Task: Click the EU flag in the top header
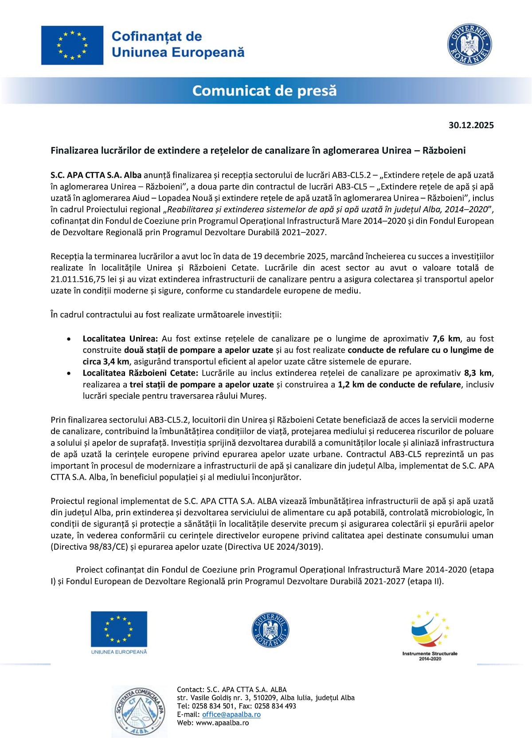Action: [72, 45]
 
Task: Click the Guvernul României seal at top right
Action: [469, 44]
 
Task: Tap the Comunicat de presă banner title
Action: [264, 91]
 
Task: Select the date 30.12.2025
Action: [471, 125]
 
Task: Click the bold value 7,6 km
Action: [446, 338]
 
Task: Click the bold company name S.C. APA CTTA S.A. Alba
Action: [96, 175]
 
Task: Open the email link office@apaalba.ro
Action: [231, 714]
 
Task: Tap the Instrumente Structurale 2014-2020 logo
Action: [430, 635]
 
